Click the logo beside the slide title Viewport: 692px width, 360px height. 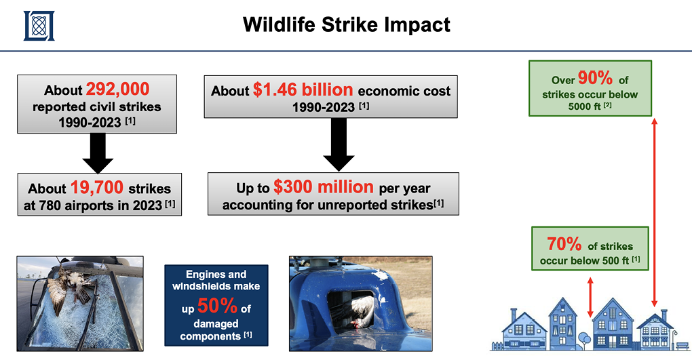pos(39,26)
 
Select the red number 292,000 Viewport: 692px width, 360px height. pos(117,89)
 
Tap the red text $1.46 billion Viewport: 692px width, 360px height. pos(303,89)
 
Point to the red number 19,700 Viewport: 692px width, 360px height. pos(96,188)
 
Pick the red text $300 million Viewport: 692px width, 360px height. pos(324,186)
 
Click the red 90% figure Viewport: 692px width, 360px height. pos(595,78)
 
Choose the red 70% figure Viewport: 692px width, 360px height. pos(564,244)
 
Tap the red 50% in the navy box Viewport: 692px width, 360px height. pos(217,305)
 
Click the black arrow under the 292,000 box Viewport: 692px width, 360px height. pos(98,153)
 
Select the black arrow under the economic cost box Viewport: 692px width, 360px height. pos(339,144)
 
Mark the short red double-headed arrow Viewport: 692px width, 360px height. pos(590,298)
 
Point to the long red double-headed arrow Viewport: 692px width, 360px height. pos(655,212)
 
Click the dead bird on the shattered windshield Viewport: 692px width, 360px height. pos(71,287)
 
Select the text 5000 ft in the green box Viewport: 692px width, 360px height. pos(584,106)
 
